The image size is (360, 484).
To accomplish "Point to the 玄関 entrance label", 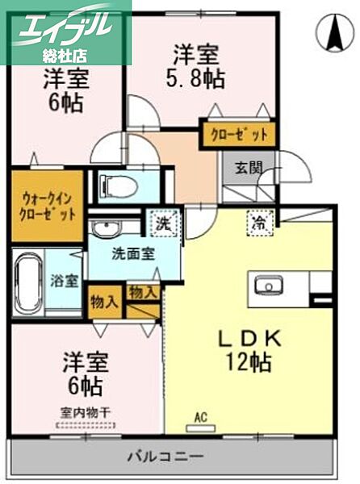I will pos(249,168).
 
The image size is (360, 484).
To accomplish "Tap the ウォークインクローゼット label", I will pos(48,207).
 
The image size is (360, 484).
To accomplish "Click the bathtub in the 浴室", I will pos(30,282).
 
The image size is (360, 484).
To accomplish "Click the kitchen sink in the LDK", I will pos(267,285).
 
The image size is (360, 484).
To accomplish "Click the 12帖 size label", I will pos(248,362).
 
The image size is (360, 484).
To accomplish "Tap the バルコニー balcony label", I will pos(169,457).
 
